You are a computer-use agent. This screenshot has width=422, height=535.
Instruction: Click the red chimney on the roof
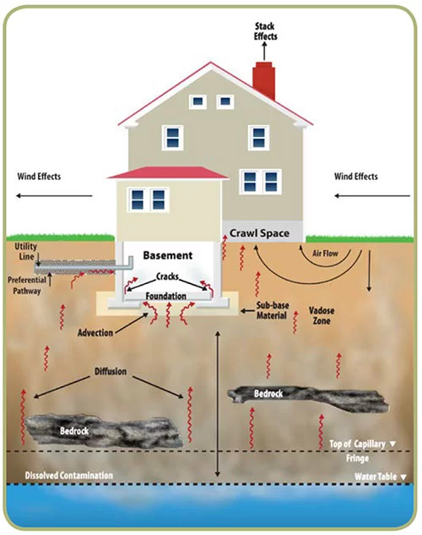263,80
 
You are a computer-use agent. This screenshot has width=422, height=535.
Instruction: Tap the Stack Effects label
265,31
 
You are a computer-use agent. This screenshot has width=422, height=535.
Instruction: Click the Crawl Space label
260,233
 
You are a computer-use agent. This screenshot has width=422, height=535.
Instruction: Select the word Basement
168,255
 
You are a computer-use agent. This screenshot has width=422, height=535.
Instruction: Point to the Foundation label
166,296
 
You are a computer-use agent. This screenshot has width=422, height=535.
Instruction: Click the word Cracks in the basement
167,276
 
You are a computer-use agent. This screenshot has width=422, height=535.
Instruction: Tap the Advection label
95,333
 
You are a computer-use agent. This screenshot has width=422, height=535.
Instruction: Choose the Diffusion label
111,371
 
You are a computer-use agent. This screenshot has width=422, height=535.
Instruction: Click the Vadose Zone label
322,315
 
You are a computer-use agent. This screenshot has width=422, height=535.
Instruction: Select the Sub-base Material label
272,310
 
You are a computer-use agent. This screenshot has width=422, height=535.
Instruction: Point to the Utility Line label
25,252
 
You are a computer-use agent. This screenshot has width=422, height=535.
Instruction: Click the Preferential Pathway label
27,285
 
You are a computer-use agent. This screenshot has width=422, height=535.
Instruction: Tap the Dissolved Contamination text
69,475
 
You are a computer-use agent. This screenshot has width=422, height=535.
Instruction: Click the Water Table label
376,477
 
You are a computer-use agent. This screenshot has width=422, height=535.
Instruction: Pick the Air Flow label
325,254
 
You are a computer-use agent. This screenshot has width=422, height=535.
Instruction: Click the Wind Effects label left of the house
39,177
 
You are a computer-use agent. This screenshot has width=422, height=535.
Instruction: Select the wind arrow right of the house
372,196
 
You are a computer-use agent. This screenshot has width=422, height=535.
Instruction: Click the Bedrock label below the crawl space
268,394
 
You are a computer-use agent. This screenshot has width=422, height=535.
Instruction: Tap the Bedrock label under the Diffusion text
74,431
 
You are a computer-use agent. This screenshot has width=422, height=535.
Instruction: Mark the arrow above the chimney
264,52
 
